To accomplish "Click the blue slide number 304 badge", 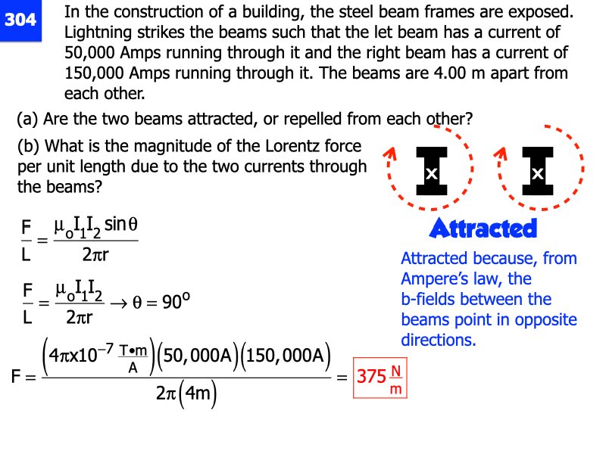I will point(20,20).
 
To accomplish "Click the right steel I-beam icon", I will point(538,173).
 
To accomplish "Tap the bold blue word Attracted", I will point(483,228).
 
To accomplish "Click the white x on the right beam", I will point(538,174).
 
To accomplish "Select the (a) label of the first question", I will point(28,119).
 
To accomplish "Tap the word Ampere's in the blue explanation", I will point(435,278).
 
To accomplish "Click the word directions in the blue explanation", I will point(439,340).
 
